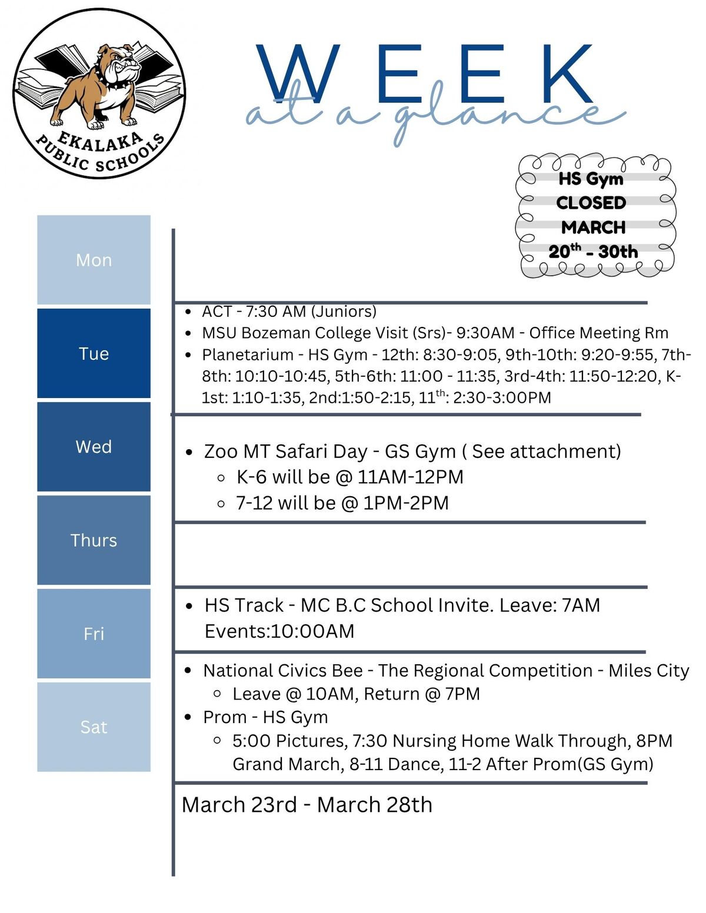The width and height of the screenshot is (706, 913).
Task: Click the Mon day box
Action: pos(94,260)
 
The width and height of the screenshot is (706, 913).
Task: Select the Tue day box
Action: pos(94,353)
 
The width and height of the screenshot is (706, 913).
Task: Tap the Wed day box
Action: pos(94,447)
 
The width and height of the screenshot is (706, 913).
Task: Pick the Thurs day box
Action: pos(94,540)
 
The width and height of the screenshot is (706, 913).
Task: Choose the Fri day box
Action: pos(94,634)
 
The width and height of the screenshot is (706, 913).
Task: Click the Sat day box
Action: pos(94,727)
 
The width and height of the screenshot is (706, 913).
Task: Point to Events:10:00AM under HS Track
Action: pos(279,631)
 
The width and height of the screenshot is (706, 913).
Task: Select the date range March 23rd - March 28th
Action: pos(307,805)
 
